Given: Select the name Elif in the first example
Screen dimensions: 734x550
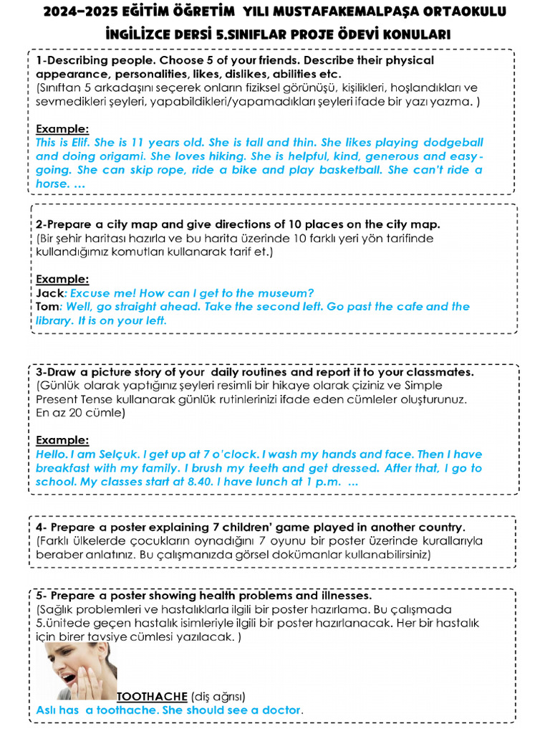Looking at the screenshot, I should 81,143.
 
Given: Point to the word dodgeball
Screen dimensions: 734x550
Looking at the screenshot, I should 453,143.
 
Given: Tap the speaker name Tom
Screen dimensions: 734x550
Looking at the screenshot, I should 48,307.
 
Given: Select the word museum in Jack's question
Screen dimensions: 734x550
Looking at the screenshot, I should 289,292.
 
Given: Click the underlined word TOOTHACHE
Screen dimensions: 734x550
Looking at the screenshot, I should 152,696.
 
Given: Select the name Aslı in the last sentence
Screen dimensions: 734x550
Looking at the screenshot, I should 48,710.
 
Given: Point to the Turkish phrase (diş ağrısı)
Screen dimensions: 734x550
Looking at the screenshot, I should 218,696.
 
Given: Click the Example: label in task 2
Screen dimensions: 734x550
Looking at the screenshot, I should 62,279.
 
